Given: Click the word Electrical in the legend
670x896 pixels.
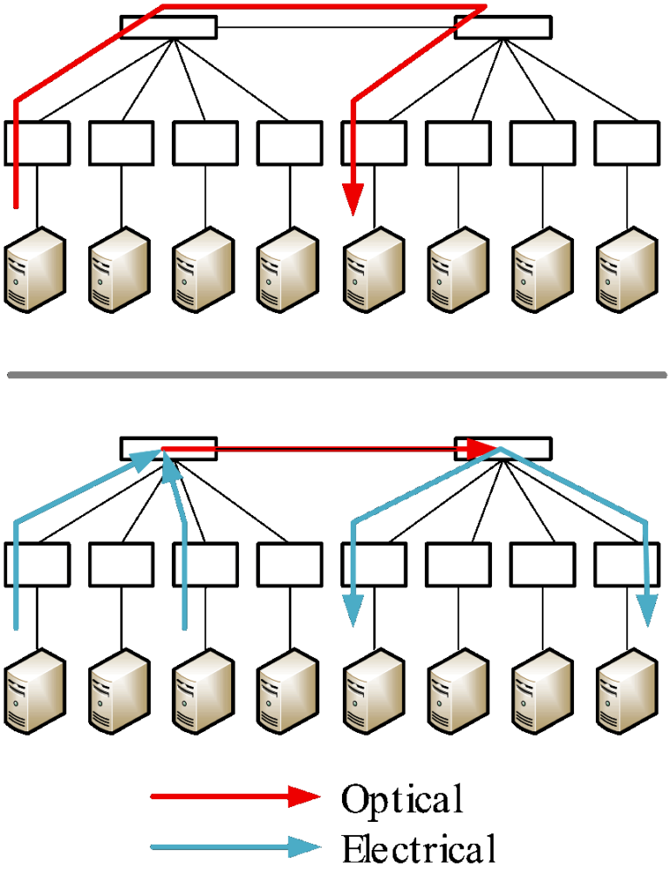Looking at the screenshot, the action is tap(419, 848).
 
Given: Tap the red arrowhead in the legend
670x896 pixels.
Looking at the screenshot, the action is tap(304, 796).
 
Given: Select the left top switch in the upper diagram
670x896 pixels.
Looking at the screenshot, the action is tap(168, 27).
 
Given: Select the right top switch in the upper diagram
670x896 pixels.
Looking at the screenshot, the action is tap(502, 27).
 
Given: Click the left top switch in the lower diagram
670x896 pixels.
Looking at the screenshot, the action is tap(168, 449).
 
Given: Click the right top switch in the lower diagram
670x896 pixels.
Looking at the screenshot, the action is tap(502, 449).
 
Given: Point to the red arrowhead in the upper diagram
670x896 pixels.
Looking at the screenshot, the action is tap(353, 200).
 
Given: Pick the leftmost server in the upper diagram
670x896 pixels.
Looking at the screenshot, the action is tap(34, 269).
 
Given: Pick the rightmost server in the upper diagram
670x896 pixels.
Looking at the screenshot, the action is tap(626, 269).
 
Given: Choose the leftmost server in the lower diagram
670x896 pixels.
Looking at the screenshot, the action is tap(34, 691).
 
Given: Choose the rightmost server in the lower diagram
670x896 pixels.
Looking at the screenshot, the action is tap(626, 691).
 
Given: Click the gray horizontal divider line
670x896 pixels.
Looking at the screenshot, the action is tap(337, 375).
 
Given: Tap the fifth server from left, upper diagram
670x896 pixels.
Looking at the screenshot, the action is tap(373, 269).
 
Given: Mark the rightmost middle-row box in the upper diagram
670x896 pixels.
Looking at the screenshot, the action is tap(627, 143).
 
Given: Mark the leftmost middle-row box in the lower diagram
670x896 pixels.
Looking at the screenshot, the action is tap(38, 565).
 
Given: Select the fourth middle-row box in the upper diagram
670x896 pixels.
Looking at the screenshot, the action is tap(290, 143).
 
